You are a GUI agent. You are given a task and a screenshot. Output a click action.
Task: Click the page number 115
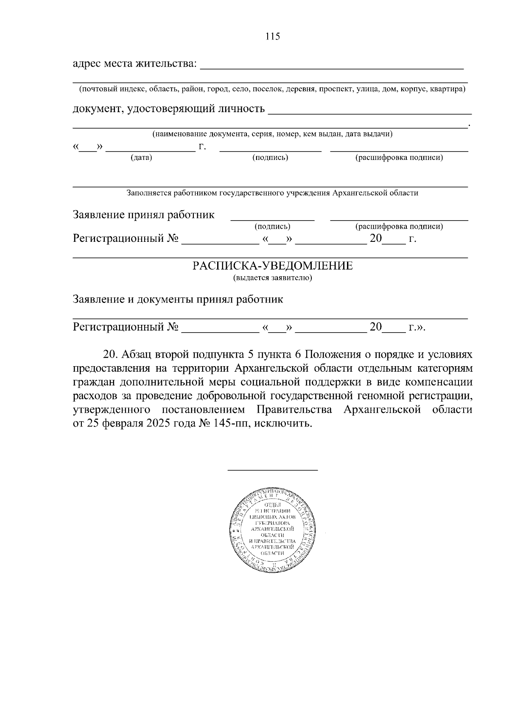tap(273, 36)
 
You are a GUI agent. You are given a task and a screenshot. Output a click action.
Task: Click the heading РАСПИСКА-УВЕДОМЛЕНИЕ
tap(273, 266)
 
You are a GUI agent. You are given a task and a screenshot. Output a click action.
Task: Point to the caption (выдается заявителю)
tap(273, 278)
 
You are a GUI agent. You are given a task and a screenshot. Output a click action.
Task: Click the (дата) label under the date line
tap(142, 158)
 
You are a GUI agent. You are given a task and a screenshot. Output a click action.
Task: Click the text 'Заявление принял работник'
tap(144, 215)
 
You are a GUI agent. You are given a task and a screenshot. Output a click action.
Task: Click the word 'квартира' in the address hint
tap(450, 90)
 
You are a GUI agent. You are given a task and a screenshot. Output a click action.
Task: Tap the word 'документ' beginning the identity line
tap(97, 109)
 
